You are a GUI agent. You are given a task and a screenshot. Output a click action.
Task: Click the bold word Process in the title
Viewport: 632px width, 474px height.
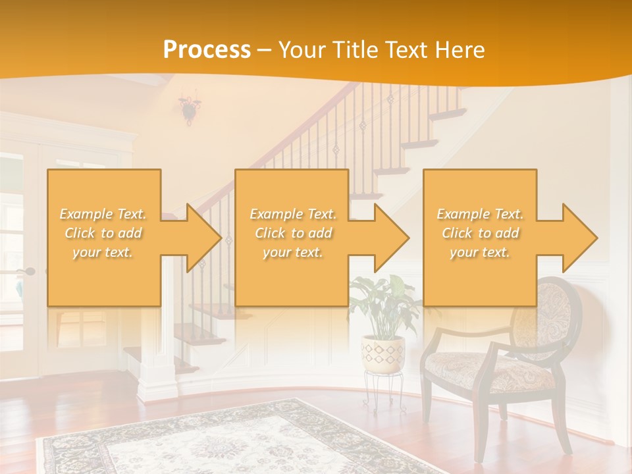tap(207, 50)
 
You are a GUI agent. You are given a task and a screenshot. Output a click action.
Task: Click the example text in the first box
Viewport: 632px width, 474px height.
tap(103, 233)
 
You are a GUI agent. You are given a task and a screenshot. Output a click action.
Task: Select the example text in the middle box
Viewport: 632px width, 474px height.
tap(293, 233)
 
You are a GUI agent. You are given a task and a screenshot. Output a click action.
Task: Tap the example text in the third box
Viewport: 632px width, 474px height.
tap(480, 233)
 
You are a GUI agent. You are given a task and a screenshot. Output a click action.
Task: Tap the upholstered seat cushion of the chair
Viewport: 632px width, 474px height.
tap(488, 369)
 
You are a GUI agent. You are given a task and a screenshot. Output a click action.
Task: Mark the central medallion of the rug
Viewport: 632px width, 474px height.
tap(217, 448)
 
